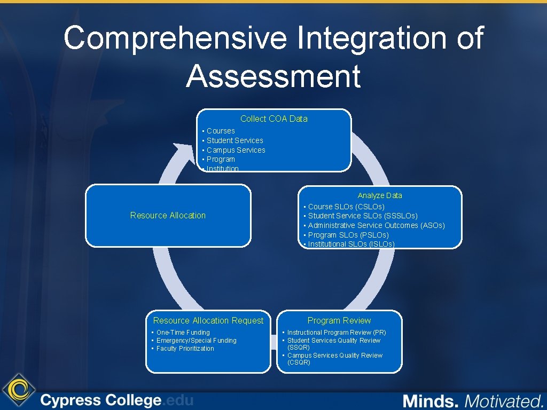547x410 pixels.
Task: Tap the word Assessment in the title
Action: (x=273, y=76)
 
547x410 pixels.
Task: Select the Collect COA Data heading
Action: (x=273, y=119)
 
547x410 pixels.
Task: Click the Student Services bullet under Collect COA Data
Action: (x=235, y=140)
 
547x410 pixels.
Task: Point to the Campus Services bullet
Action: (x=236, y=150)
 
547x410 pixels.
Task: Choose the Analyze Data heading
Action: (x=380, y=195)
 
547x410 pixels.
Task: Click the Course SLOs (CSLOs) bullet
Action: (x=346, y=207)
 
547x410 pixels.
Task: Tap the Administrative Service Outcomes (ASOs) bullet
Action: (x=376, y=225)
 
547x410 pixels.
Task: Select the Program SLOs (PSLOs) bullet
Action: (x=348, y=235)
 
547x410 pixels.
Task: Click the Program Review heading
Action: (x=339, y=320)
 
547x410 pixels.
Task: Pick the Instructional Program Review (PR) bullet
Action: (x=336, y=333)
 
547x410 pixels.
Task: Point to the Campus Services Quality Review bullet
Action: (x=334, y=359)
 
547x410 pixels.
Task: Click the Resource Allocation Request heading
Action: (x=208, y=320)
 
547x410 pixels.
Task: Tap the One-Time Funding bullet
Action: (x=183, y=333)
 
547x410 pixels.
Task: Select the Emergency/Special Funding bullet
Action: (x=196, y=341)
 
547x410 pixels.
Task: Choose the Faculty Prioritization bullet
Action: (x=185, y=349)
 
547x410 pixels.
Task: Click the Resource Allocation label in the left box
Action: (x=168, y=215)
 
